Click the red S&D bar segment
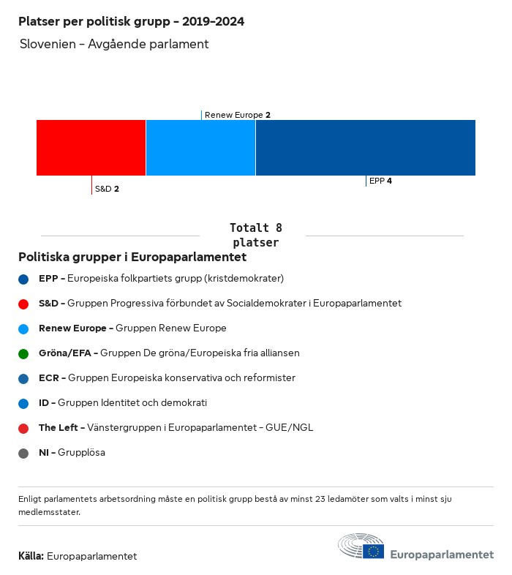tap(91, 148)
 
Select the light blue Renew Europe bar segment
tap(200, 148)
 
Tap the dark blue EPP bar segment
tap(365, 148)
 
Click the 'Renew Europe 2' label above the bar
tap(238, 115)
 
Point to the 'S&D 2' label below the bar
tap(107, 189)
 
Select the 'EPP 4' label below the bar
tap(380, 181)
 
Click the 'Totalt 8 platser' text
tap(255, 235)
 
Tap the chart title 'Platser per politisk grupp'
tap(131, 21)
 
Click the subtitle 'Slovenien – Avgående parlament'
tap(115, 44)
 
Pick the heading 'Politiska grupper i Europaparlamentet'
tap(132, 257)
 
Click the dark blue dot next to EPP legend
tap(23, 279)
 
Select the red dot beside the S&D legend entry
tap(23, 304)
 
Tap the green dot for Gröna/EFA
tap(23, 353)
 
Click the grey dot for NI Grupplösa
tap(23, 453)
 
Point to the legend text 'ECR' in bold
tap(48, 378)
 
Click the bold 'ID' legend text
tap(44, 403)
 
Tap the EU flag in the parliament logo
tap(374, 552)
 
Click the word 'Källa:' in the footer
tap(31, 556)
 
